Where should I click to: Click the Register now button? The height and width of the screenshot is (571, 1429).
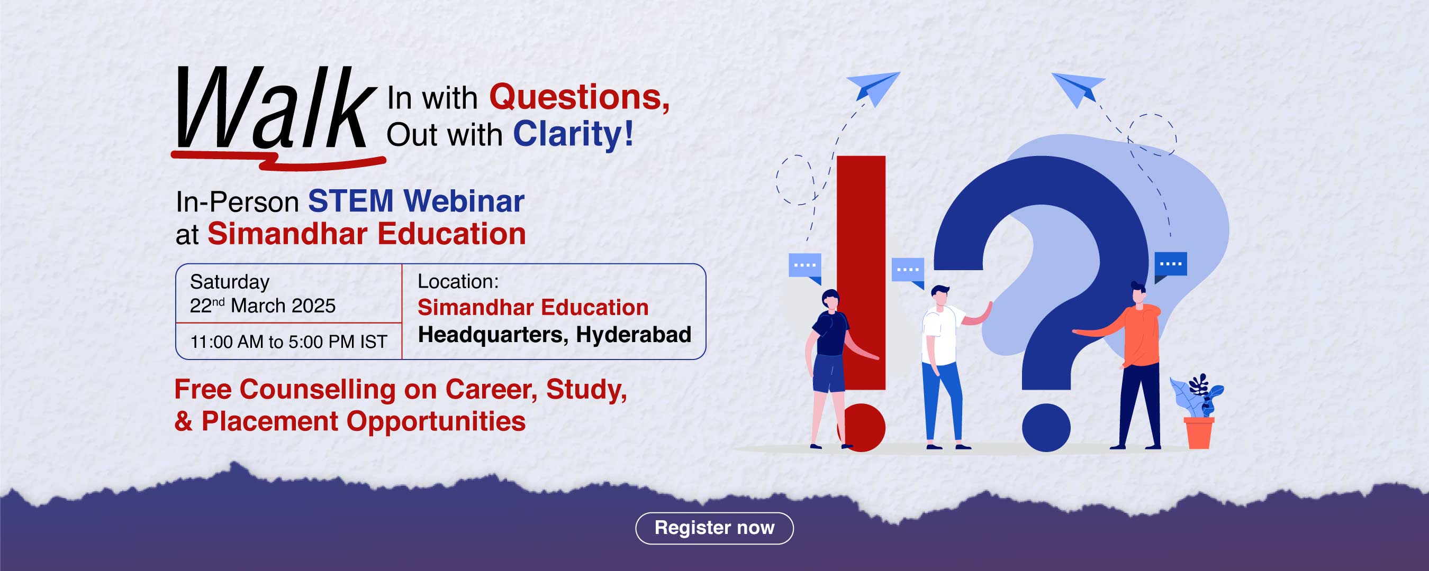714,528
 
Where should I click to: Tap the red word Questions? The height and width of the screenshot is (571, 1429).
579,97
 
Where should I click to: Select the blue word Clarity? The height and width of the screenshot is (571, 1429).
573,134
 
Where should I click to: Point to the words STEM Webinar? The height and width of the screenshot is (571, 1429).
416,201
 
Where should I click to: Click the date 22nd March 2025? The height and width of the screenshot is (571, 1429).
263,306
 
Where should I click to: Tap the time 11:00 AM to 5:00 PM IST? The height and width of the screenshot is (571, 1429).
288,342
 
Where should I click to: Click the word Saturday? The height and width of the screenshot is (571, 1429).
230,282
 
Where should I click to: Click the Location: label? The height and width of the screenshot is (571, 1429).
458,282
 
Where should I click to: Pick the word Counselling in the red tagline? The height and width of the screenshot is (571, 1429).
318,389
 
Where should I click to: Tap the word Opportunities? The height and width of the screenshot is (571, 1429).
436,421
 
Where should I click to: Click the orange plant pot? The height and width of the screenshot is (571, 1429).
1199,432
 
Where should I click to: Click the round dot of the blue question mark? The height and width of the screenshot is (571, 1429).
1046,427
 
